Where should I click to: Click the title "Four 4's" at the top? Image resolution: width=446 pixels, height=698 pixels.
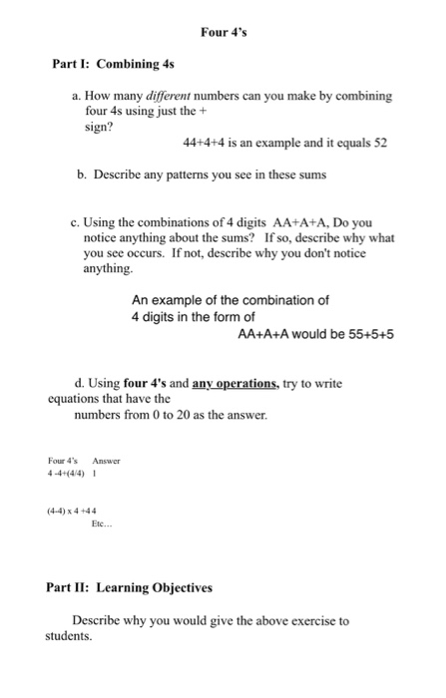click(223, 32)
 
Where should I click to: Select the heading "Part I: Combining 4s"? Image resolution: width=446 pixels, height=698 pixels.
click(113, 64)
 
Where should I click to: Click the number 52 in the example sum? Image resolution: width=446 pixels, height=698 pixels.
click(379, 143)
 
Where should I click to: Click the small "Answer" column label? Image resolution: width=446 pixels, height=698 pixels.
click(106, 461)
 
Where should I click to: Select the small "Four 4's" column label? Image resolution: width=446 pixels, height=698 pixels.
click(65, 461)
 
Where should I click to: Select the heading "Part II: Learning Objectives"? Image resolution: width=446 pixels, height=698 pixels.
click(129, 588)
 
